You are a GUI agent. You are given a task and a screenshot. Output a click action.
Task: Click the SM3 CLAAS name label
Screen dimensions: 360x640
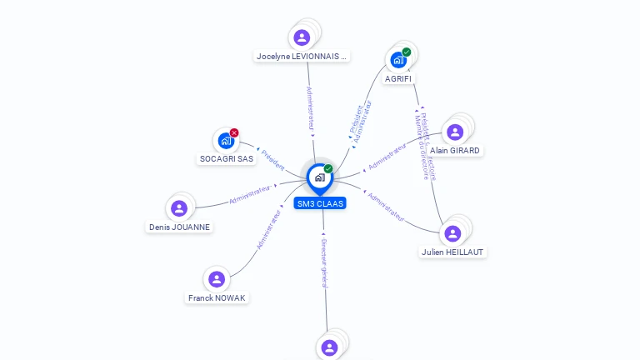(x=319, y=203)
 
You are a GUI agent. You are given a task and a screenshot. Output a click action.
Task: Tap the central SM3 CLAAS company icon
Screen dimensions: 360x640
(x=319, y=177)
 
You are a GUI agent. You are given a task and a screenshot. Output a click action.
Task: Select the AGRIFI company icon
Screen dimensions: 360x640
(x=397, y=60)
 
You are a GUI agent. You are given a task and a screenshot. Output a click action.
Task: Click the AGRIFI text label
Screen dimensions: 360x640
(x=397, y=78)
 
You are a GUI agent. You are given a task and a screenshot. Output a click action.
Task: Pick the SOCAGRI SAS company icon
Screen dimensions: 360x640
(x=225, y=141)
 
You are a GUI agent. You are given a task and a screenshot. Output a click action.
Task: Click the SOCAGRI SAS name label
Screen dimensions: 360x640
(x=227, y=158)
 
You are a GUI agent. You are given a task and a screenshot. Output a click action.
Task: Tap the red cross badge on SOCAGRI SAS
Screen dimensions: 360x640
(x=234, y=132)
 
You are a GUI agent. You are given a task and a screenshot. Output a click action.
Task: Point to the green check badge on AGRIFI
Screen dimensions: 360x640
(x=407, y=52)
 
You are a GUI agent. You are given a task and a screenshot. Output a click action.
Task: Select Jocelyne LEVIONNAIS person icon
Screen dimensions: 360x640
(x=302, y=37)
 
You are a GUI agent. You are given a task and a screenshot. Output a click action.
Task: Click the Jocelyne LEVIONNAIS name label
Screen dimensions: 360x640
(x=302, y=57)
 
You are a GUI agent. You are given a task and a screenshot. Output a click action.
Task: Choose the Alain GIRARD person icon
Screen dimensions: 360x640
(x=454, y=132)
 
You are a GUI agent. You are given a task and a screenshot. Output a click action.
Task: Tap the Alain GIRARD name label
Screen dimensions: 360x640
(x=455, y=151)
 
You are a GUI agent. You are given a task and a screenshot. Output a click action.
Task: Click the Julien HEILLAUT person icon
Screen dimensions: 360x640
(x=452, y=233)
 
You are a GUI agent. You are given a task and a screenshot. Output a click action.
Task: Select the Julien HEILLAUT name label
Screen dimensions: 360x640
(x=452, y=252)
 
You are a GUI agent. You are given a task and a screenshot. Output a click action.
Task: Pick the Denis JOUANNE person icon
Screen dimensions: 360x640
(x=178, y=208)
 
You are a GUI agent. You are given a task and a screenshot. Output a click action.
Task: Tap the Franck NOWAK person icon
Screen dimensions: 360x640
(x=217, y=279)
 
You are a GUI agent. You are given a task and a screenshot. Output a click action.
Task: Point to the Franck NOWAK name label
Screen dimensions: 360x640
(x=217, y=297)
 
